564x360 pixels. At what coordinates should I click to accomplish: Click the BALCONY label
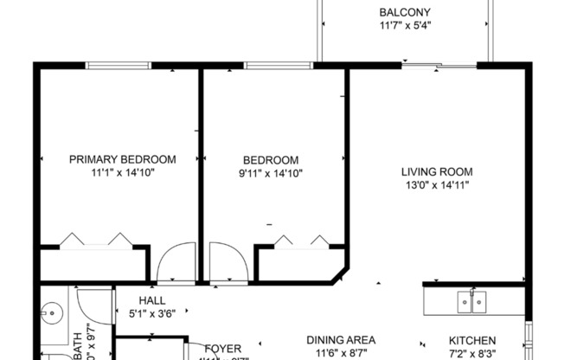pyautogui.click(x=405, y=12)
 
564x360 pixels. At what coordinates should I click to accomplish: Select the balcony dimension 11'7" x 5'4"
pyautogui.click(x=405, y=26)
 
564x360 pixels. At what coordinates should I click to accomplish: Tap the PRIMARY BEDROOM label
pyautogui.click(x=122, y=159)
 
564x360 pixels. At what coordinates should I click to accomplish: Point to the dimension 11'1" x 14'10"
pyautogui.click(x=122, y=173)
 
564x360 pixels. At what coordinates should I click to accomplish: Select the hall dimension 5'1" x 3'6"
pyautogui.click(x=152, y=314)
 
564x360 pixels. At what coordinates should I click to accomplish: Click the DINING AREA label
pyautogui.click(x=341, y=340)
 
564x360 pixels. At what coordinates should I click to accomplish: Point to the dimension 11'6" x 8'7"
pyautogui.click(x=341, y=354)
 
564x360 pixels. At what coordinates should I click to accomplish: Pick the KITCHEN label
pyautogui.click(x=471, y=340)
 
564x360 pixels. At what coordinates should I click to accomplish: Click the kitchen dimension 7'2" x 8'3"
pyautogui.click(x=471, y=354)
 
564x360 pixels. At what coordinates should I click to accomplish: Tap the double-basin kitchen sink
pyautogui.click(x=471, y=300)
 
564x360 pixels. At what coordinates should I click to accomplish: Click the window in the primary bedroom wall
pyautogui.click(x=115, y=65)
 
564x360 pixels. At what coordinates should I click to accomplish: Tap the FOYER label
pyautogui.click(x=222, y=349)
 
